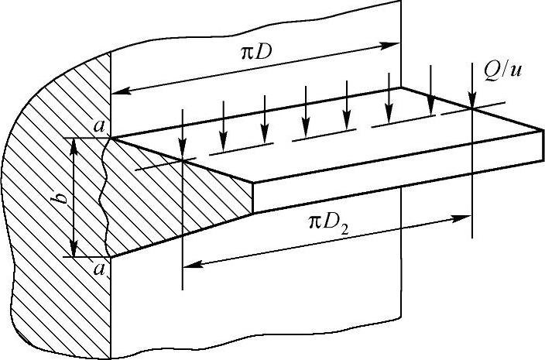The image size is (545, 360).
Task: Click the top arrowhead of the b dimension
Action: [74, 144]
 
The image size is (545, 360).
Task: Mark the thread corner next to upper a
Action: [113, 139]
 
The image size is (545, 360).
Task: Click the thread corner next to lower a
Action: [113, 257]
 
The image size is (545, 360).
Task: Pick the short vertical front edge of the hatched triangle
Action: [254, 197]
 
